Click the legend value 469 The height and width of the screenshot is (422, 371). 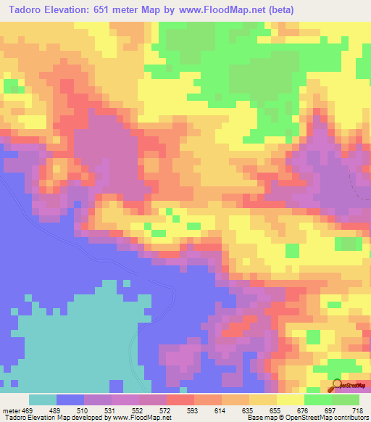point(28,410)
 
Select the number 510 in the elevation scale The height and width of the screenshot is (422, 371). point(83,410)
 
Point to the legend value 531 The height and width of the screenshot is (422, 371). point(112,410)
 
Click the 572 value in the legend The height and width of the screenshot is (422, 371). point(167,410)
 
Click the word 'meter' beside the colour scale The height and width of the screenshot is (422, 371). point(12,410)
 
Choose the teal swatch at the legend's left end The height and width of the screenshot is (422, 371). point(43,400)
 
